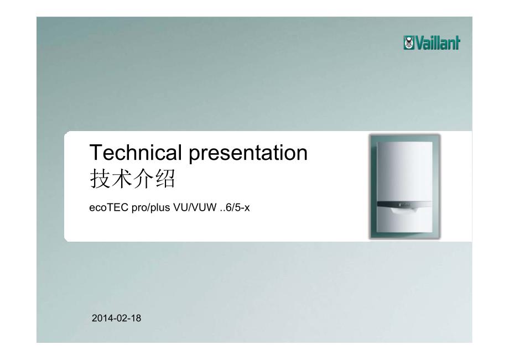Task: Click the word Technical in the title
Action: point(136,153)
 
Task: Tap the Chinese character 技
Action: point(100,179)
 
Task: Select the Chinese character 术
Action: point(121,179)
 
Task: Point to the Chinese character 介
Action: point(143,179)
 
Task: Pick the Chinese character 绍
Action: point(165,179)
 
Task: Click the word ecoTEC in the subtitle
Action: point(109,207)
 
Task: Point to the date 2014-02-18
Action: point(117,318)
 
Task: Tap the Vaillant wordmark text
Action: point(438,43)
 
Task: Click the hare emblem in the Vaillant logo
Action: point(409,43)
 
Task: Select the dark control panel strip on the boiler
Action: point(404,205)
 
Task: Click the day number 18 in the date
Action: point(136,318)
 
